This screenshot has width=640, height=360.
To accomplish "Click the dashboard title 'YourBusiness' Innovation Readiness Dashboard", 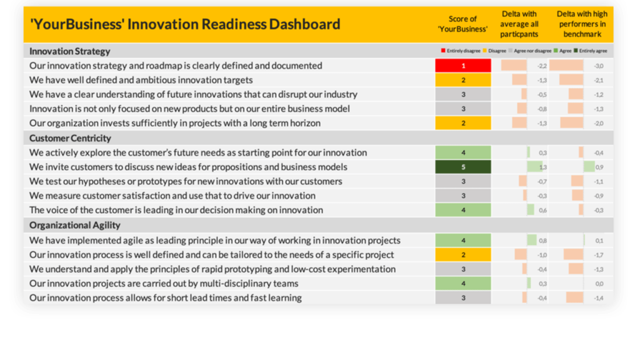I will (185, 24).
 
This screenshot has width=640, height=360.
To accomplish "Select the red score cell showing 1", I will (463, 66).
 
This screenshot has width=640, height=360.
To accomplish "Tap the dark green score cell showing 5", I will (463, 167).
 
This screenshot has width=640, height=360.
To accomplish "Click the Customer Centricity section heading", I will (70, 138).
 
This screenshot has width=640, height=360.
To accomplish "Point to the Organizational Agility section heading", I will (75, 225).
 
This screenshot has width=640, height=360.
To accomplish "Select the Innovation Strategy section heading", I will (70, 51).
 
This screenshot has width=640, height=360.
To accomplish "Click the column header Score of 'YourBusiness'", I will (463, 24).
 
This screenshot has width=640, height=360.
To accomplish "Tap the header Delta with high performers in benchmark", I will (581, 24).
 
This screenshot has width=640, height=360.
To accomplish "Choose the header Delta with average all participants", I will (520, 24).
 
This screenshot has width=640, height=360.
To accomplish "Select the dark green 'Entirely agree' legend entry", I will (591, 51).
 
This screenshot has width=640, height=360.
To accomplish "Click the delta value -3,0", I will (599, 66).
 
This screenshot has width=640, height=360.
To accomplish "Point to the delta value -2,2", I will (542, 66).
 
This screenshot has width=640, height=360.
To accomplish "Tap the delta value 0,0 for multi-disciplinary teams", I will (599, 284).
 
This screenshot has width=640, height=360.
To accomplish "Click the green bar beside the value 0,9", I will (589, 167).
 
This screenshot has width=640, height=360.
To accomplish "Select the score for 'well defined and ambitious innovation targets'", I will (463, 80).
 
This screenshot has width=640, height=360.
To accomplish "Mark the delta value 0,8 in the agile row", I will (542, 241).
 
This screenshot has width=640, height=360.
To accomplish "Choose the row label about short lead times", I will (165, 297).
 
